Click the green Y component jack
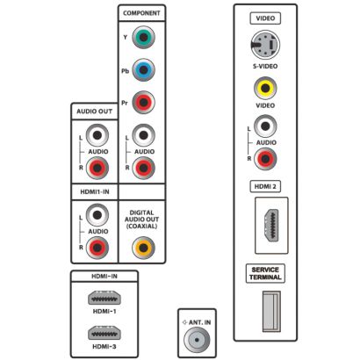click(x=143, y=37)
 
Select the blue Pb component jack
click(x=143, y=70)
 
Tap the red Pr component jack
click(x=143, y=103)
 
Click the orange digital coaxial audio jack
click(x=143, y=248)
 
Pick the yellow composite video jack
click(x=265, y=88)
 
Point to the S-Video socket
click(x=265, y=45)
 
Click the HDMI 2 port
click(x=271, y=226)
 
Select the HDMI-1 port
click(x=104, y=299)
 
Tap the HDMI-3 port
click(x=104, y=334)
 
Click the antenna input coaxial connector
click(x=197, y=340)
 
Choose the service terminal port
click(x=271, y=312)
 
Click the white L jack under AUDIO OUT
click(x=97, y=135)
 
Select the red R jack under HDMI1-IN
click(x=97, y=248)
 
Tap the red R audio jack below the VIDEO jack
click(x=265, y=159)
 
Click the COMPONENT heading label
click(x=141, y=13)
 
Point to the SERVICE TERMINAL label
click(x=265, y=273)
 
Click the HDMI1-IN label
click(x=95, y=192)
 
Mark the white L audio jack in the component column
click(x=143, y=135)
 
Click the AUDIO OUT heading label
click(x=95, y=112)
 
